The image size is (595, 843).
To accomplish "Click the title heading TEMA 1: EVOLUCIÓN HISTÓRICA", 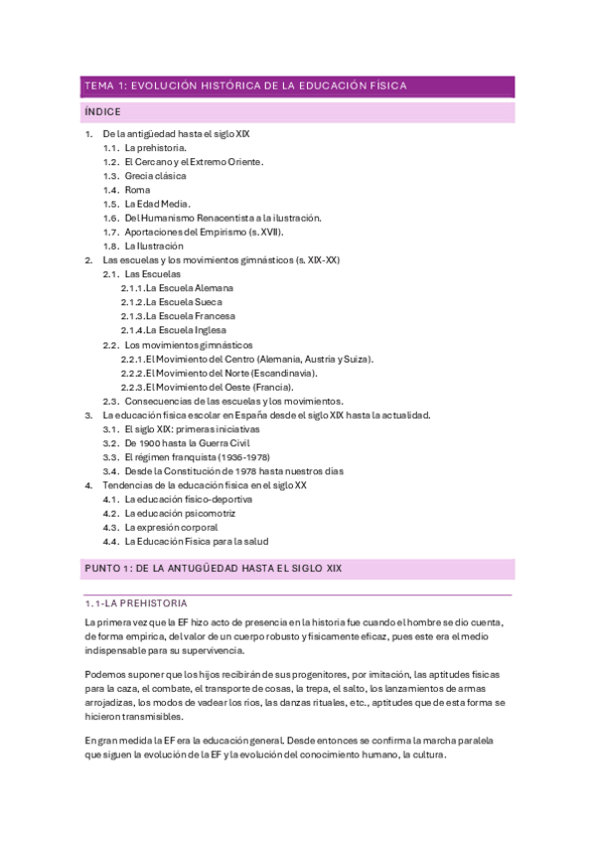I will (x=245, y=86).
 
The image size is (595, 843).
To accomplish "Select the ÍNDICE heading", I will (x=103, y=112).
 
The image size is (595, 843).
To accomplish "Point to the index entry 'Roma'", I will (x=137, y=189).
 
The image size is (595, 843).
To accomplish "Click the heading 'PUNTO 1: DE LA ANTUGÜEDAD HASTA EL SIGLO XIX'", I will (x=214, y=570).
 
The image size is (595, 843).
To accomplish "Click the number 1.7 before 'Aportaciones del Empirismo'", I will (x=110, y=232).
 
